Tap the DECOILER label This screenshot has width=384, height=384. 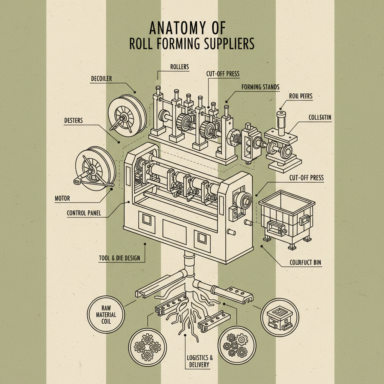(x=102, y=79)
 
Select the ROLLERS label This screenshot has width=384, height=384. (x=180, y=67)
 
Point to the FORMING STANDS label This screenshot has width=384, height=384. (x=260, y=87)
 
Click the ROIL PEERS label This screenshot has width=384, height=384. (x=300, y=96)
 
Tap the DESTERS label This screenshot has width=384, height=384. (x=73, y=121)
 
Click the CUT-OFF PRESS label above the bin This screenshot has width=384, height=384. (x=307, y=178)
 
